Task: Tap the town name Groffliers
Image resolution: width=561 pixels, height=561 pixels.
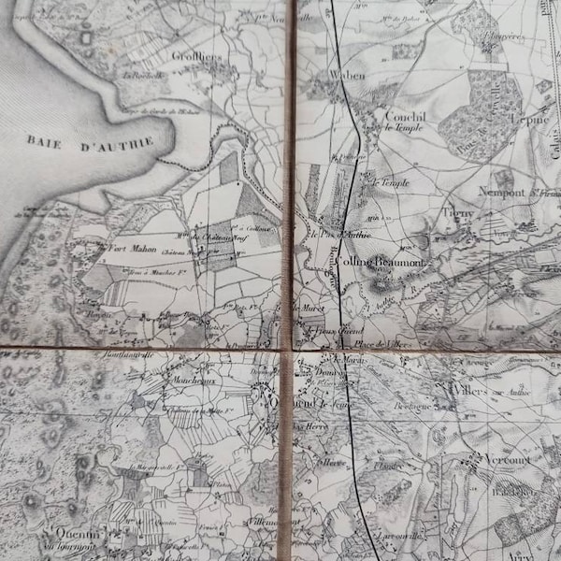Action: (x=198, y=56)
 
